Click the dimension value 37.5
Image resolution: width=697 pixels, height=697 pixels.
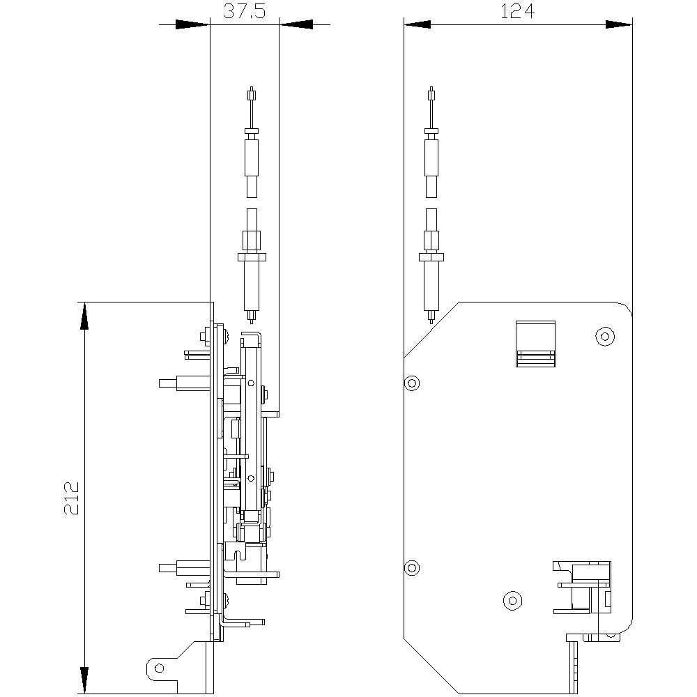[x=244, y=11]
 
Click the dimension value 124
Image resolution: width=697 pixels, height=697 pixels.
[x=517, y=11]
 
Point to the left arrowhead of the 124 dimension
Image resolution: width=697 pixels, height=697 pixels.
[x=417, y=24]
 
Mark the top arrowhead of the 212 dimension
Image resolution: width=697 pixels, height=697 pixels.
[x=84, y=318]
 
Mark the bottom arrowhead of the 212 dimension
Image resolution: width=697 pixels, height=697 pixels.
[x=84, y=680]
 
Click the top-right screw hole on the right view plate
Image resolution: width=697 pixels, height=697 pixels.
[x=604, y=337]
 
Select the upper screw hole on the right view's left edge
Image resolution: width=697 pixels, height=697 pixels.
[x=412, y=383]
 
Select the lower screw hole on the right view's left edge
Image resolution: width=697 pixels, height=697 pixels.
[x=412, y=568]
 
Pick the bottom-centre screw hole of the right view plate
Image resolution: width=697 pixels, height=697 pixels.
[x=512, y=599]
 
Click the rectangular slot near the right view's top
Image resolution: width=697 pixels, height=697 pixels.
[x=535, y=343]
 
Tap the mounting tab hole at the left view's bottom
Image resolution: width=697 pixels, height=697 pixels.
[x=160, y=668]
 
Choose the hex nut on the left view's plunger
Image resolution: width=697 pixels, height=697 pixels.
[x=252, y=241]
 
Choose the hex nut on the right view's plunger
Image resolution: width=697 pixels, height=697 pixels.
[x=431, y=241]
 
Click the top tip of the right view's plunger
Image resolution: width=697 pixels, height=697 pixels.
[x=431, y=91]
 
